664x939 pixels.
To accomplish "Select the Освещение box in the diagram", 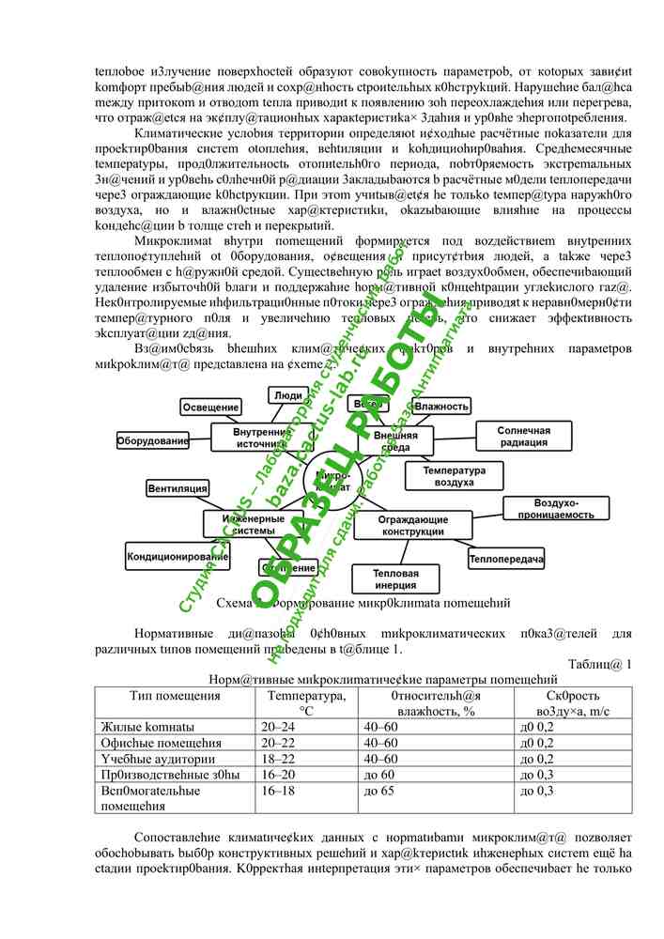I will point(209,407).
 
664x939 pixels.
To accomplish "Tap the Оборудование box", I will point(152,439).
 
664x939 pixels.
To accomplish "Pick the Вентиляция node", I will point(178,488).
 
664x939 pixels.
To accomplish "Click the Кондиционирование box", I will point(178,557).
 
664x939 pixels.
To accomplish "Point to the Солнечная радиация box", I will point(523,437).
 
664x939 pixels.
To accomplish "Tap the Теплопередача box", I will point(506,560).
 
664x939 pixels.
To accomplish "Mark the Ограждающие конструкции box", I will point(412,525).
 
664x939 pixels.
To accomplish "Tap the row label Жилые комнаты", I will point(147,727).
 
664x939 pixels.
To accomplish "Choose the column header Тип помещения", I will point(175,696).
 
